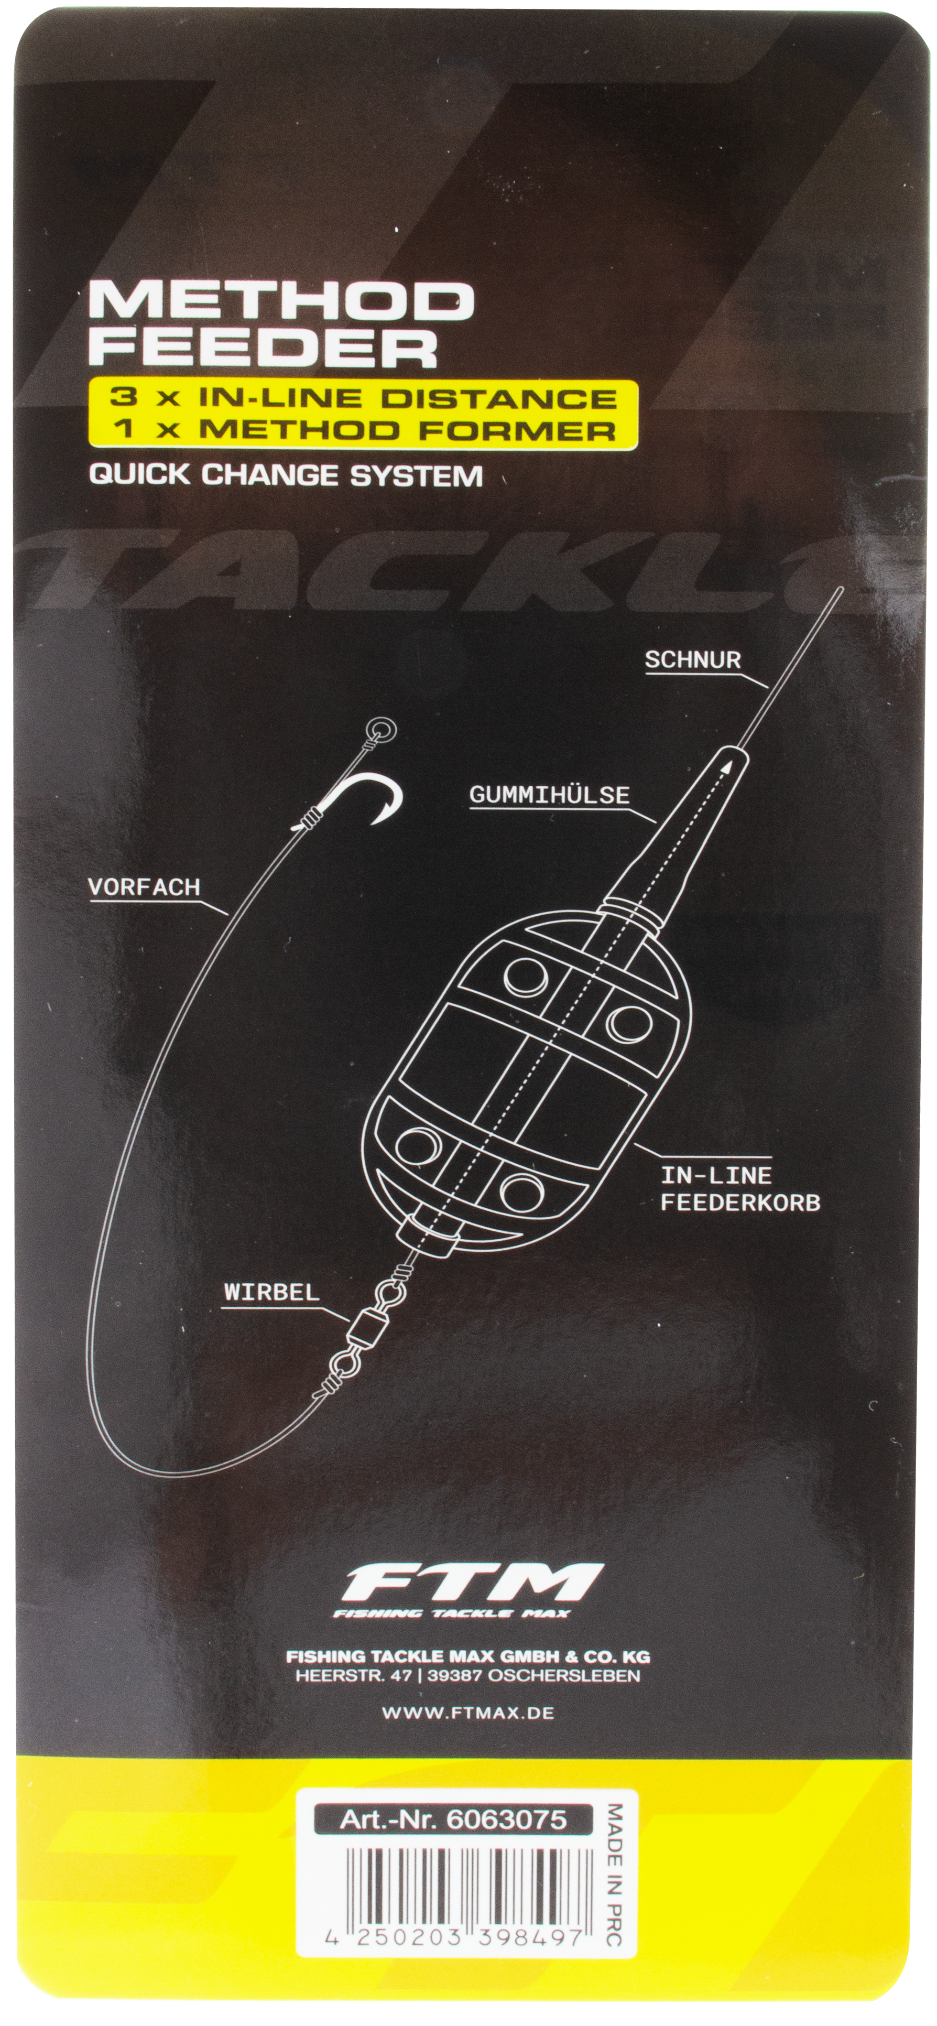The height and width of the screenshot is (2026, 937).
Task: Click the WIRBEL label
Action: [271, 1292]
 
